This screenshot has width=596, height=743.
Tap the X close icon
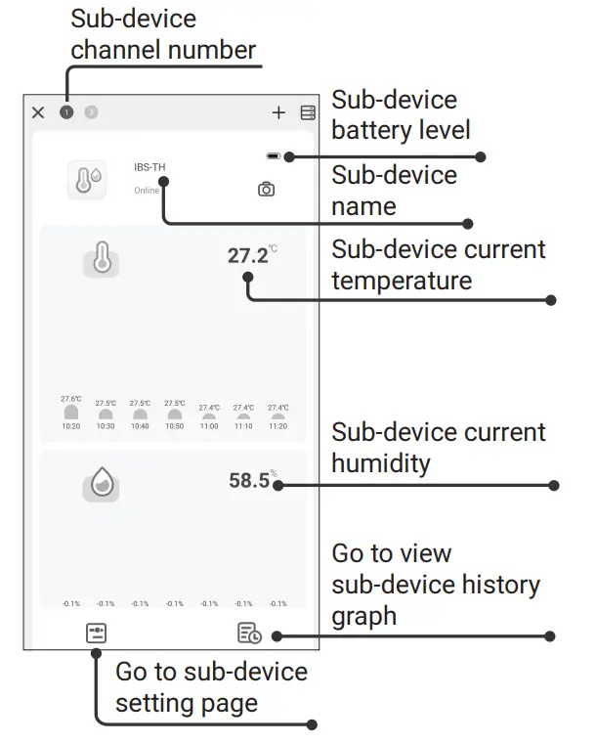(38, 112)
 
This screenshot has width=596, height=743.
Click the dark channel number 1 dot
(65, 112)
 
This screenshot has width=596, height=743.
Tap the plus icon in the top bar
(278, 112)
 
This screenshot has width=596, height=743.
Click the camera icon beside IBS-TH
(266, 190)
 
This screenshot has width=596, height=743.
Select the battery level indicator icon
(273, 156)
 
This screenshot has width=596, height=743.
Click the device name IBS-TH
(149, 167)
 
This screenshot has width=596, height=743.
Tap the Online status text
(147, 191)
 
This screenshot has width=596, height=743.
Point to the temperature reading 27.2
(248, 256)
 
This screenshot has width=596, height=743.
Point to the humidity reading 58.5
(249, 480)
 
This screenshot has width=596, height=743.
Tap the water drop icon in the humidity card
(102, 483)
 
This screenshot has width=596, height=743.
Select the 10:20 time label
(71, 426)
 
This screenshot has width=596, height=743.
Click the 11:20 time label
(277, 426)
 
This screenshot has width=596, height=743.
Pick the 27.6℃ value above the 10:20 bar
(71, 399)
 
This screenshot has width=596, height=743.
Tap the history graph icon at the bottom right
(249, 634)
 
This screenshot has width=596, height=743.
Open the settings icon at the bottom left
(96, 633)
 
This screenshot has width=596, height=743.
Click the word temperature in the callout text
(402, 282)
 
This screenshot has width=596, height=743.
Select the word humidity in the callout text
(380, 462)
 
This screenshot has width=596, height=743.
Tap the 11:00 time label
(209, 426)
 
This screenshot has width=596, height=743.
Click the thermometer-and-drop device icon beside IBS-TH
(87, 181)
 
